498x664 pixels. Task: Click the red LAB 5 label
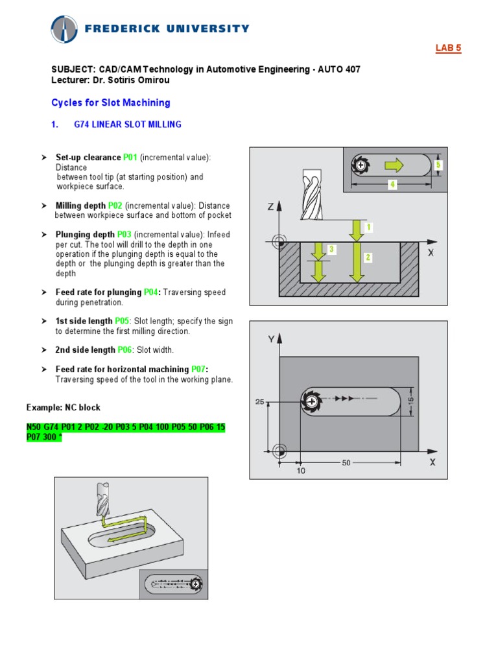coord(447,49)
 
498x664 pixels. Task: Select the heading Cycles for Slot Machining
coord(110,102)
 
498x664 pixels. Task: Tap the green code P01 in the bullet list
coord(130,158)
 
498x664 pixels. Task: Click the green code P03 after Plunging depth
coord(125,235)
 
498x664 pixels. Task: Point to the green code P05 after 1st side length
coord(122,321)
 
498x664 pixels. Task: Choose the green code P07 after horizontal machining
coord(196,369)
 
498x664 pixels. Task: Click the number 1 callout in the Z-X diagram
coord(369,228)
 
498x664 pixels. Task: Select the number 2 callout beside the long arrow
coord(368,257)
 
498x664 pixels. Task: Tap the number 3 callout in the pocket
coord(331,249)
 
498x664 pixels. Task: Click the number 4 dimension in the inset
coord(392,185)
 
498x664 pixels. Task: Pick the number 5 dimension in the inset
coord(438,165)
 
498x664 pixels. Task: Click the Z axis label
coord(270,207)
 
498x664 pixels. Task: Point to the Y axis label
coord(271,339)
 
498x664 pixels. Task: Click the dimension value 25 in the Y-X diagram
coord(259,402)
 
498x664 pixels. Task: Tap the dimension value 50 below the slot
coord(346,463)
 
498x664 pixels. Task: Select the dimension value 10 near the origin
coord(301,471)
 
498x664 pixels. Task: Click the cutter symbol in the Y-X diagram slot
coord(312,402)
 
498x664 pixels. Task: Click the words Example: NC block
coord(64,407)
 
